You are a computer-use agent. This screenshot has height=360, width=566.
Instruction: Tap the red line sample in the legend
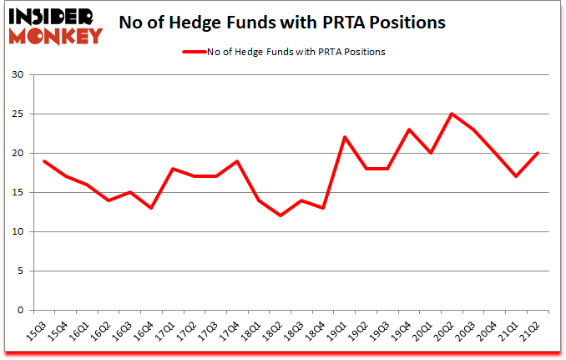pyautogui.click(x=195, y=52)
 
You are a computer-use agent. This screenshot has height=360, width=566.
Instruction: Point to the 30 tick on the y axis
pyautogui.click(x=18, y=75)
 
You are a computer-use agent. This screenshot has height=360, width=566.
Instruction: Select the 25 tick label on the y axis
pyautogui.click(x=18, y=114)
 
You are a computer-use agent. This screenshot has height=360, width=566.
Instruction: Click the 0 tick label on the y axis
pyautogui.click(x=21, y=310)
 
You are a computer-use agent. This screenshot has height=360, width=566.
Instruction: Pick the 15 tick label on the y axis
pyautogui.click(x=18, y=193)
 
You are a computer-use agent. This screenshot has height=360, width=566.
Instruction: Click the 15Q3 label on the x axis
pyautogui.click(x=38, y=332)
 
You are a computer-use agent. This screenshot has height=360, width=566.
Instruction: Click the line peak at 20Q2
pyautogui.click(x=452, y=114)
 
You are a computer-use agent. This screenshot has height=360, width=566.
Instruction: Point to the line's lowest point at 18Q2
pyautogui.click(x=280, y=216)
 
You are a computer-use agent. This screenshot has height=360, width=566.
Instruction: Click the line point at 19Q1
pyautogui.click(x=344, y=138)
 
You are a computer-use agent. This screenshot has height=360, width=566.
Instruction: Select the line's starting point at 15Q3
pyautogui.click(x=43, y=161)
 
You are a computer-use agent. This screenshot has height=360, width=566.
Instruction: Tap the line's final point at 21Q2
pyautogui.click(x=538, y=154)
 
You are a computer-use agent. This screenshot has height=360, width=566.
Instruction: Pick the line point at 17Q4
pyautogui.click(x=237, y=161)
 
